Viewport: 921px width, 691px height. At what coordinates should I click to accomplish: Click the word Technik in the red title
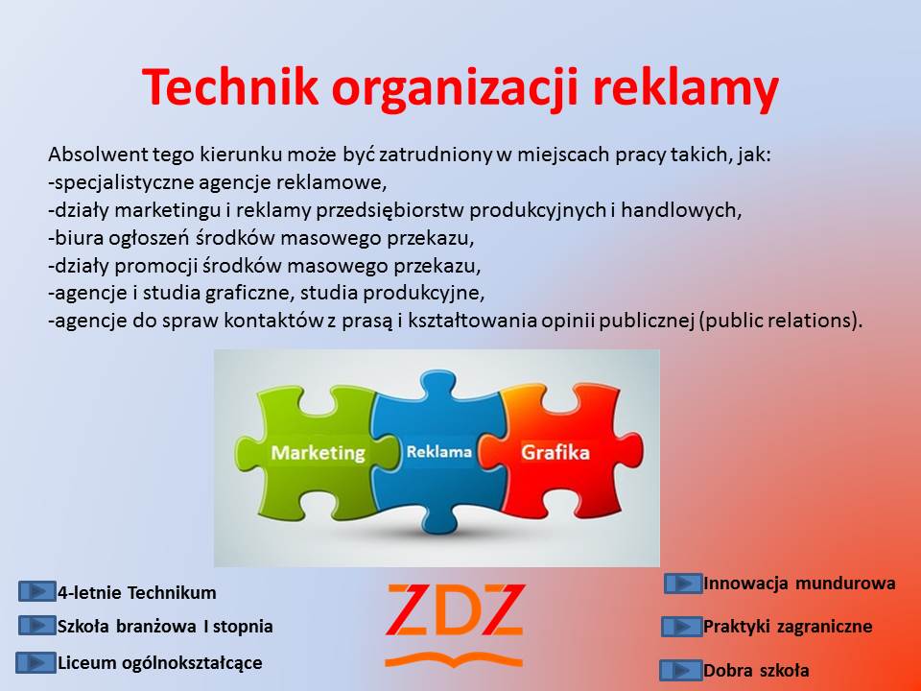point(229,87)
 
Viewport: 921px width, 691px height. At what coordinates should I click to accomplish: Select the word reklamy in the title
point(685,89)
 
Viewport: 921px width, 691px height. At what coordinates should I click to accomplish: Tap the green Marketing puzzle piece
point(318,451)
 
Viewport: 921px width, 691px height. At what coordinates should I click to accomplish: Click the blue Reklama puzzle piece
point(438,451)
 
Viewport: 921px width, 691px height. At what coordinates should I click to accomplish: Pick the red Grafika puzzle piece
point(558,451)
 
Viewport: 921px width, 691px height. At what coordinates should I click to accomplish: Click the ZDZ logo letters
point(455,610)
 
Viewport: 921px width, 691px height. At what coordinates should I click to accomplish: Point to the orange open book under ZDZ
point(454,660)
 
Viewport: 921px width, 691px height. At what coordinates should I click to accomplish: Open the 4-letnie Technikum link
point(137,592)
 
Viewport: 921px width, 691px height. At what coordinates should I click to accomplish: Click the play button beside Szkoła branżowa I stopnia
point(36,626)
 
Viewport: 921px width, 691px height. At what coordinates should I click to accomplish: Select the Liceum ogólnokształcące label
point(160,663)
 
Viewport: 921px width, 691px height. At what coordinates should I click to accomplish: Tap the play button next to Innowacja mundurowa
point(683,584)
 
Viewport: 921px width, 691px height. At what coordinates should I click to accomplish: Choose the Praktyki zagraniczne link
point(788,627)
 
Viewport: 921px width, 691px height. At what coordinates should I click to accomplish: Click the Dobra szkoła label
point(756,670)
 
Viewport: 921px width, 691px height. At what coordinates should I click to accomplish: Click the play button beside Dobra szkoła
point(681,670)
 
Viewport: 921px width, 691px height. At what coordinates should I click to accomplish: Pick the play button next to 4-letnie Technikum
point(36,591)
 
